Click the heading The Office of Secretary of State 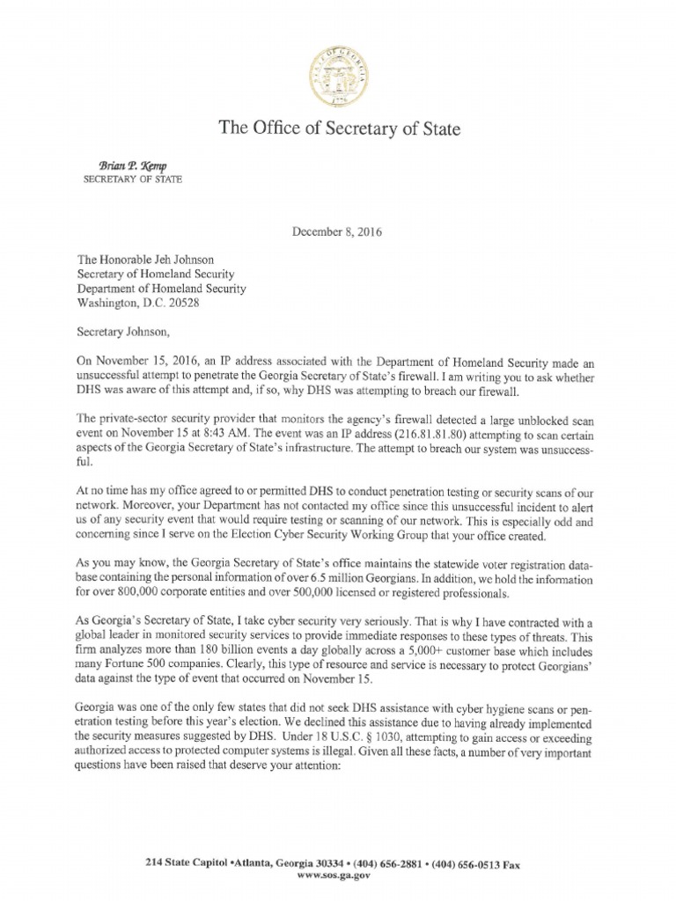[x=338, y=130]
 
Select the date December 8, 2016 [x=338, y=233]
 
